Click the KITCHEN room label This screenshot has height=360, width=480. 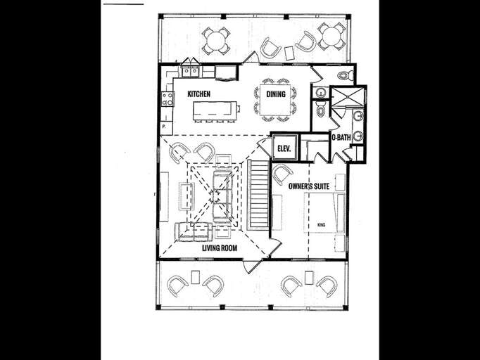click(x=198, y=94)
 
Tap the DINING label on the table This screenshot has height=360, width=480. click(x=275, y=94)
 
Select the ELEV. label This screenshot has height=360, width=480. click(x=284, y=148)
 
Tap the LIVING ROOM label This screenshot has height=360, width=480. click(x=219, y=247)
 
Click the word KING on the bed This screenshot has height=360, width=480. click(x=321, y=225)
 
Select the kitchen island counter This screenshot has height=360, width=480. click(x=215, y=109)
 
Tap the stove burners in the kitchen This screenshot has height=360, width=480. click(x=168, y=99)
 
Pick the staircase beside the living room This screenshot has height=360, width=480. click(x=258, y=193)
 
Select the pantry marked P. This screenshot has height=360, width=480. click(x=165, y=126)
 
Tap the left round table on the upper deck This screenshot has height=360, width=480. click(x=216, y=40)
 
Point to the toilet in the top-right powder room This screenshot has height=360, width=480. click(x=344, y=74)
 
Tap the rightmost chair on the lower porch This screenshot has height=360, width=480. click(x=326, y=285)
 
